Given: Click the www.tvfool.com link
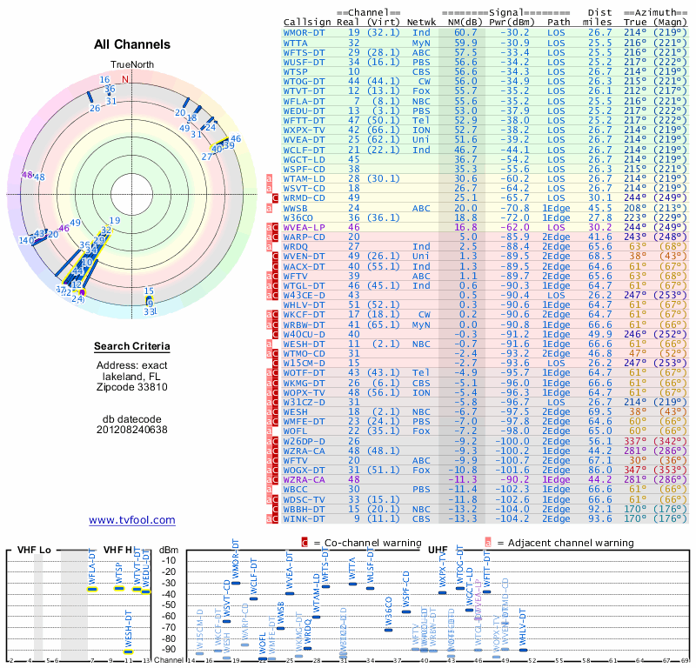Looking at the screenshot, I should (x=132, y=520).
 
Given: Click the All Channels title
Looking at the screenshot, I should (x=132, y=44).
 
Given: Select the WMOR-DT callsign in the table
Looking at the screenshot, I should (x=304, y=32).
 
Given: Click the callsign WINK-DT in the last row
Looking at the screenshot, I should (x=304, y=519).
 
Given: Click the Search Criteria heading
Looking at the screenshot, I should (x=132, y=347).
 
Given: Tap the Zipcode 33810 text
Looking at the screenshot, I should (x=132, y=387).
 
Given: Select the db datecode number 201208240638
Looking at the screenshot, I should (x=132, y=430).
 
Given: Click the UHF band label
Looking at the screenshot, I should (x=438, y=550).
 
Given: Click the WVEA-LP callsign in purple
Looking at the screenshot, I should (x=304, y=226).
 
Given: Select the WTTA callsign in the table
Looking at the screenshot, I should (x=296, y=42).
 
